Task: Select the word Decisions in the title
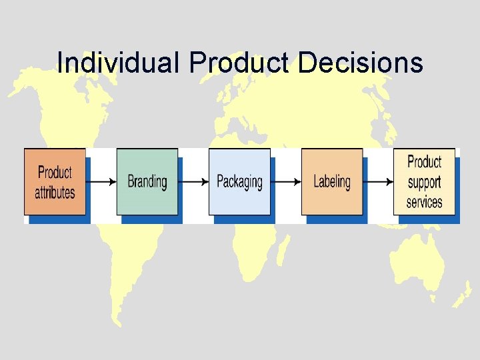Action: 360,63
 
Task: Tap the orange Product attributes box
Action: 55,181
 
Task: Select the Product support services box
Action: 424,181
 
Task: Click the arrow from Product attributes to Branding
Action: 101,181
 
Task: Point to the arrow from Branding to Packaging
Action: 193,181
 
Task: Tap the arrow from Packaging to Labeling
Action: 285,181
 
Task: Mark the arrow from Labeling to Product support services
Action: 378,181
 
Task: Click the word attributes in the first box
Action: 55,193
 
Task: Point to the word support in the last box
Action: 424,182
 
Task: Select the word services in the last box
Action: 424,201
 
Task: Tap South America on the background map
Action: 133,267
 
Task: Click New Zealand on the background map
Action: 462,293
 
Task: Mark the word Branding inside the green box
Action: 147,182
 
